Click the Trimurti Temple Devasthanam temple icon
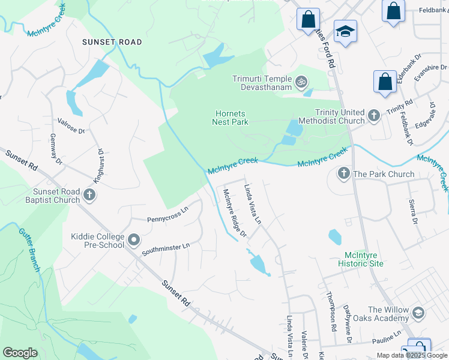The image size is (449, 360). tap(301, 80)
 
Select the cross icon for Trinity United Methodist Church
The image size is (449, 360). tap(374, 115)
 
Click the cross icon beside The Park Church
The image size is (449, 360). tap(343, 174)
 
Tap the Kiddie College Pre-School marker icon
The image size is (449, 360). tap(133, 241)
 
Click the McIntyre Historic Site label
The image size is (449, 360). tap(360, 259)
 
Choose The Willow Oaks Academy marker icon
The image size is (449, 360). tap(418, 313)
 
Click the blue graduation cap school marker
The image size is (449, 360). tap(345, 31)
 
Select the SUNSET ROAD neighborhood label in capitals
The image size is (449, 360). tap(112, 42)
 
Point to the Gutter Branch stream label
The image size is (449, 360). tap(29, 249)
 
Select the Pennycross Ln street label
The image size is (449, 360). tap(167, 215)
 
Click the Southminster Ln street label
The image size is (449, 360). tap(166, 248)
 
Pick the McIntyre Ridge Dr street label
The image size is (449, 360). tap(235, 212)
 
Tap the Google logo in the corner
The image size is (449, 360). tap(20, 352)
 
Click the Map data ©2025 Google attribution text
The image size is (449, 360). tap(411, 355)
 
